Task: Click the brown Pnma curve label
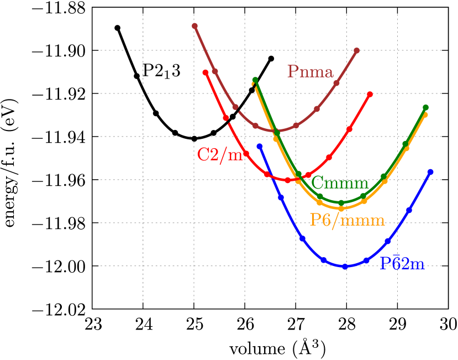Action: click(x=310, y=72)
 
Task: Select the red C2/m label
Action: click(x=220, y=154)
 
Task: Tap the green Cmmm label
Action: click(x=339, y=182)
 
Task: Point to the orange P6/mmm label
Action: click(x=347, y=220)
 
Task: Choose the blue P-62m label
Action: click(x=402, y=264)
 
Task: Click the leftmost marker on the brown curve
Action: click(x=194, y=26)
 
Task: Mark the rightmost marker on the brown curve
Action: click(x=357, y=50)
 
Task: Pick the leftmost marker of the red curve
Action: click(x=206, y=72)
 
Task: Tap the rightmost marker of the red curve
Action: click(x=370, y=94)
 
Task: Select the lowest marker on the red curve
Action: click(x=288, y=180)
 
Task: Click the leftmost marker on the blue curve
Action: click(x=260, y=146)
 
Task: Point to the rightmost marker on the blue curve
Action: click(x=430, y=172)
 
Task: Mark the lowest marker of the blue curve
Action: click(x=345, y=267)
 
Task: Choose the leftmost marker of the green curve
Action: click(x=255, y=80)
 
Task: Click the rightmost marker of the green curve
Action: click(x=425, y=107)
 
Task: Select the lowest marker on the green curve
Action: click(x=341, y=202)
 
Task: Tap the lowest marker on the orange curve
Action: click(x=341, y=208)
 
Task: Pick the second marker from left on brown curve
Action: click(x=215, y=71)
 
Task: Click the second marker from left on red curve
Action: click(x=226, y=118)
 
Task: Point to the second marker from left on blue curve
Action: click(x=281, y=197)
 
